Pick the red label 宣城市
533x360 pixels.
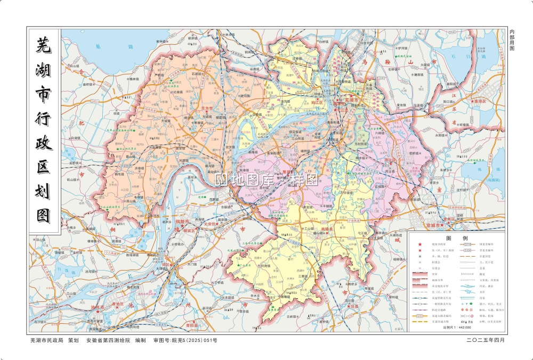pos(430,225)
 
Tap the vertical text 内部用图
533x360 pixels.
pos(512,40)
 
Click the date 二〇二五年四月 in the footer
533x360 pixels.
pos(485,340)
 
